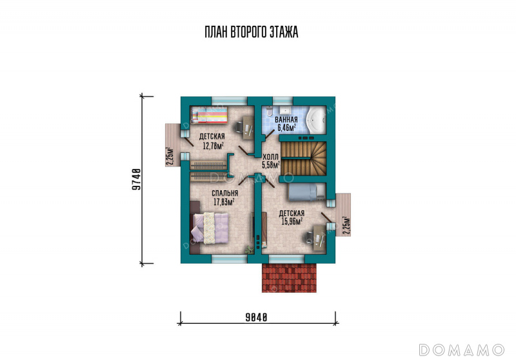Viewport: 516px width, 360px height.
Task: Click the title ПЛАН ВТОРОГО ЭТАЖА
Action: pyautogui.click(x=252, y=32)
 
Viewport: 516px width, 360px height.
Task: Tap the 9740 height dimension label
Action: pyautogui.click(x=136, y=179)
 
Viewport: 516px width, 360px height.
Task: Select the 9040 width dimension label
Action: pyautogui.click(x=256, y=317)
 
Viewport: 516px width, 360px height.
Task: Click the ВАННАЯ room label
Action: pyautogui.click(x=286, y=120)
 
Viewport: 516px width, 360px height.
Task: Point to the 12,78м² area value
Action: pyautogui.click(x=213, y=145)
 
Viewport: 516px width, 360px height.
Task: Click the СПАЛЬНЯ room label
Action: pyautogui.click(x=224, y=194)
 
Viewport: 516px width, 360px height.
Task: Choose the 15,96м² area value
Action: pyautogui.click(x=292, y=221)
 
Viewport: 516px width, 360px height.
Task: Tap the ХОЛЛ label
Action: pyautogui.click(x=271, y=157)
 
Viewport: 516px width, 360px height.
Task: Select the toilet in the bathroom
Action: pyautogui.click(x=270, y=111)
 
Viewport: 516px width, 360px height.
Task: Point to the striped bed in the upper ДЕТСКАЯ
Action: pyautogui.click(x=209, y=115)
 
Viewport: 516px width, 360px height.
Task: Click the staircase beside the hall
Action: pyautogui.click(x=303, y=159)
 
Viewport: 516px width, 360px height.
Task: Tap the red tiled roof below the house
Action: pyautogui.click(x=289, y=278)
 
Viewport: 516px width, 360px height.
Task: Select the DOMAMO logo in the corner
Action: pyautogui.click(x=461, y=350)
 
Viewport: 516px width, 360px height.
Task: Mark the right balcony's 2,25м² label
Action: pyautogui.click(x=346, y=225)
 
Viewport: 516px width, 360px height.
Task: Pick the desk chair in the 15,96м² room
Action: pyautogui.click(x=309, y=237)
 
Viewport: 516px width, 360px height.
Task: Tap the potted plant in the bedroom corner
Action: pyautogui.click(x=249, y=250)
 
